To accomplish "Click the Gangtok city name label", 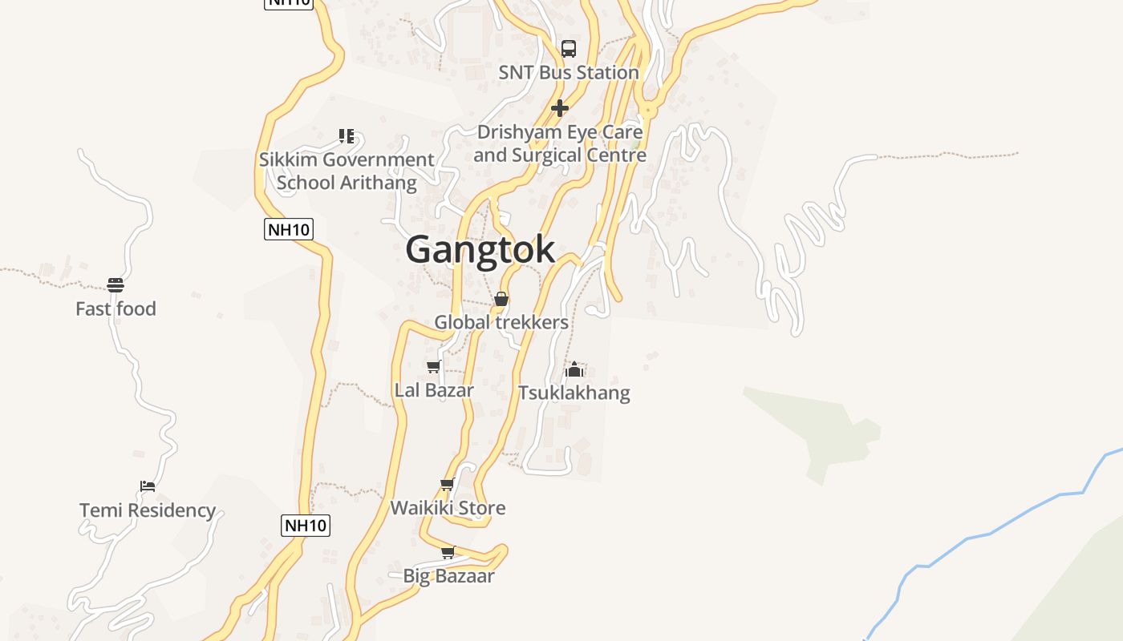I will click(x=480, y=249).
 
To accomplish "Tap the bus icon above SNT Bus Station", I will click(x=569, y=48).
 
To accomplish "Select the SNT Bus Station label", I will click(x=569, y=72).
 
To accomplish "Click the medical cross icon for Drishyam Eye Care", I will click(x=560, y=107).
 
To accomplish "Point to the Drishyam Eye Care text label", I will click(x=560, y=143).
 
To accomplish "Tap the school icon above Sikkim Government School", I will click(x=347, y=136).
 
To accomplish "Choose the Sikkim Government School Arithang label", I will click(x=347, y=171).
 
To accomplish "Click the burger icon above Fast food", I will click(x=116, y=285).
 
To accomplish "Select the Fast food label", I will click(x=116, y=308).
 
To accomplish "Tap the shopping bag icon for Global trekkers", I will click(x=501, y=299).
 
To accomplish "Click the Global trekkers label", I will click(x=501, y=322).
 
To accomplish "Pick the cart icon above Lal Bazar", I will click(x=434, y=367).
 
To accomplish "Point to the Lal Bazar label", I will click(x=434, y=390).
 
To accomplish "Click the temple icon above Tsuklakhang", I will click(x=574, y=369).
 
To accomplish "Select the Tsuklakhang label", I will click(x=574, y=393).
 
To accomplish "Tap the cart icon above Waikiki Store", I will click(x=448, y=485).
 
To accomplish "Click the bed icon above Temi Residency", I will click(x=147, y=486).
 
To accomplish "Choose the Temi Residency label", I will click(x=148, y=510).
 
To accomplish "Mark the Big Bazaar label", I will click(x=448, y=575).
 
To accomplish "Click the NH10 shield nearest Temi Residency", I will click(x=306, y=526).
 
